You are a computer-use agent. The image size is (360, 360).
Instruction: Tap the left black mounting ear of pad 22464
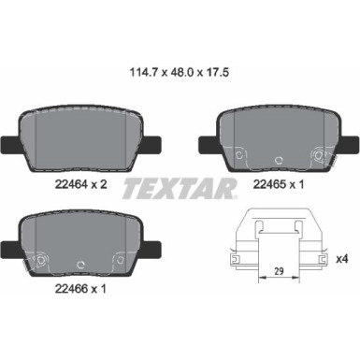[8, 145]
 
